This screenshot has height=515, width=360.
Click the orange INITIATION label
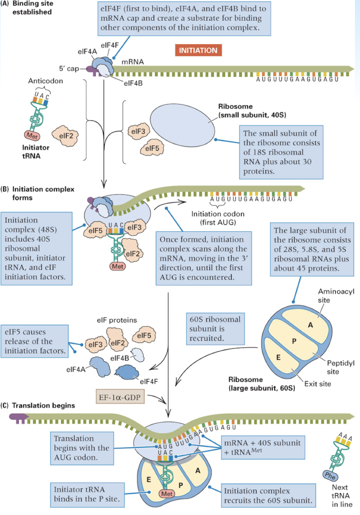pyautogui.click(x=198, y=50)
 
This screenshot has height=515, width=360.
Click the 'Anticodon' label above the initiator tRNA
pyautogui.click(x=45, y=80)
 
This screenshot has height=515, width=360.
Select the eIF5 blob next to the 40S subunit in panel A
pyautogui.click(x=151, y=147)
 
